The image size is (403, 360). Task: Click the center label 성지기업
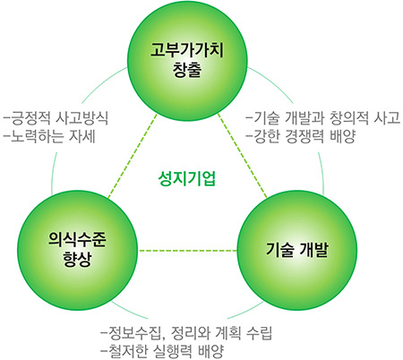pyautogui.click(x=186, y=179)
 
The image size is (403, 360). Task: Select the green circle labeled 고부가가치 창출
pyautogui.click(x=187, y=61)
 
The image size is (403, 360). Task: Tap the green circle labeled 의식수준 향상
pyautogui.click(x=78, y=250)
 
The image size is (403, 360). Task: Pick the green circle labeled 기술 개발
pyautogui.click(x=296, y=250)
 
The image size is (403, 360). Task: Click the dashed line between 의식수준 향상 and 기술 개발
pyautogui.click(x=187, y=250)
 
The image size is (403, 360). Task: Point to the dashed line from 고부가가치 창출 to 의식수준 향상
pyautogui.click(x=133, y=156)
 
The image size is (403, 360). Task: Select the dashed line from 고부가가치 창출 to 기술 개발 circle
pyautogui.click(x=243, y=156)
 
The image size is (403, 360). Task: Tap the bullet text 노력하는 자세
pyautogui.click(x=49, y=136)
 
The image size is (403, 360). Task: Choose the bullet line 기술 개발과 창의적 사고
pyautogui.click(x=322, y=118)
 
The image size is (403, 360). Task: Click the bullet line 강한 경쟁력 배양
pyautogui.click(x=301, y=136)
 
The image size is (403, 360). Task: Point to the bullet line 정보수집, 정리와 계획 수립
pyautogui.click(x=187, y=333)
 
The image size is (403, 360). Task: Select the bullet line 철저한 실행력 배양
pyautogui.click(x=163, y=351)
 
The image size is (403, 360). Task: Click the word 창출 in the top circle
pyautogui.click(x=187, y=70)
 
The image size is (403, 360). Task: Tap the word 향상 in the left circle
pyautogui.click(x=77, y=259)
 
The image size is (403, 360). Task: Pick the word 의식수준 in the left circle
pyautogui.click(x=77, y=239)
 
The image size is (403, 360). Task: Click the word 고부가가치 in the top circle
pyautogui.click(x=187, y=50)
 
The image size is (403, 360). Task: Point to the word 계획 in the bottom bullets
pyautogui.click(x=228, y=333)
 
